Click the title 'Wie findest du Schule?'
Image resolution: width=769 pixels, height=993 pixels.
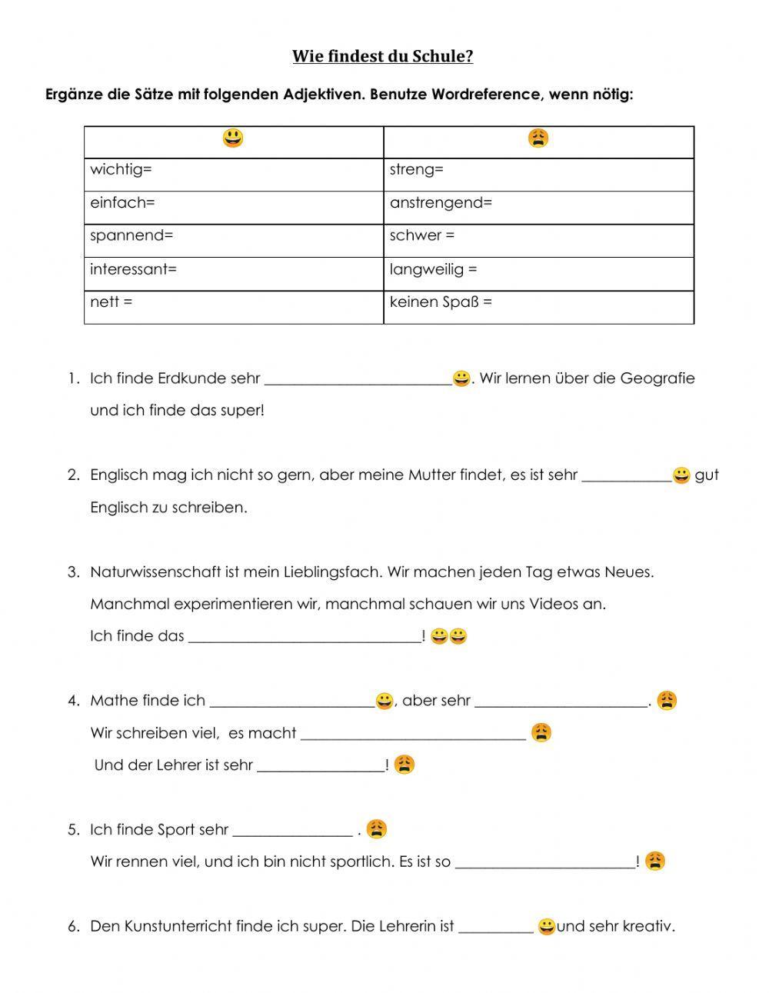click(x=382, y=56)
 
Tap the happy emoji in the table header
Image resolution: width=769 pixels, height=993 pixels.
click(x=233, y=138)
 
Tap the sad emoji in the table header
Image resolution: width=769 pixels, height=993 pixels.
click(x=538, y=138)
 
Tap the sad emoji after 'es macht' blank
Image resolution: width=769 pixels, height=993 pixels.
click(x=541, y=732)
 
